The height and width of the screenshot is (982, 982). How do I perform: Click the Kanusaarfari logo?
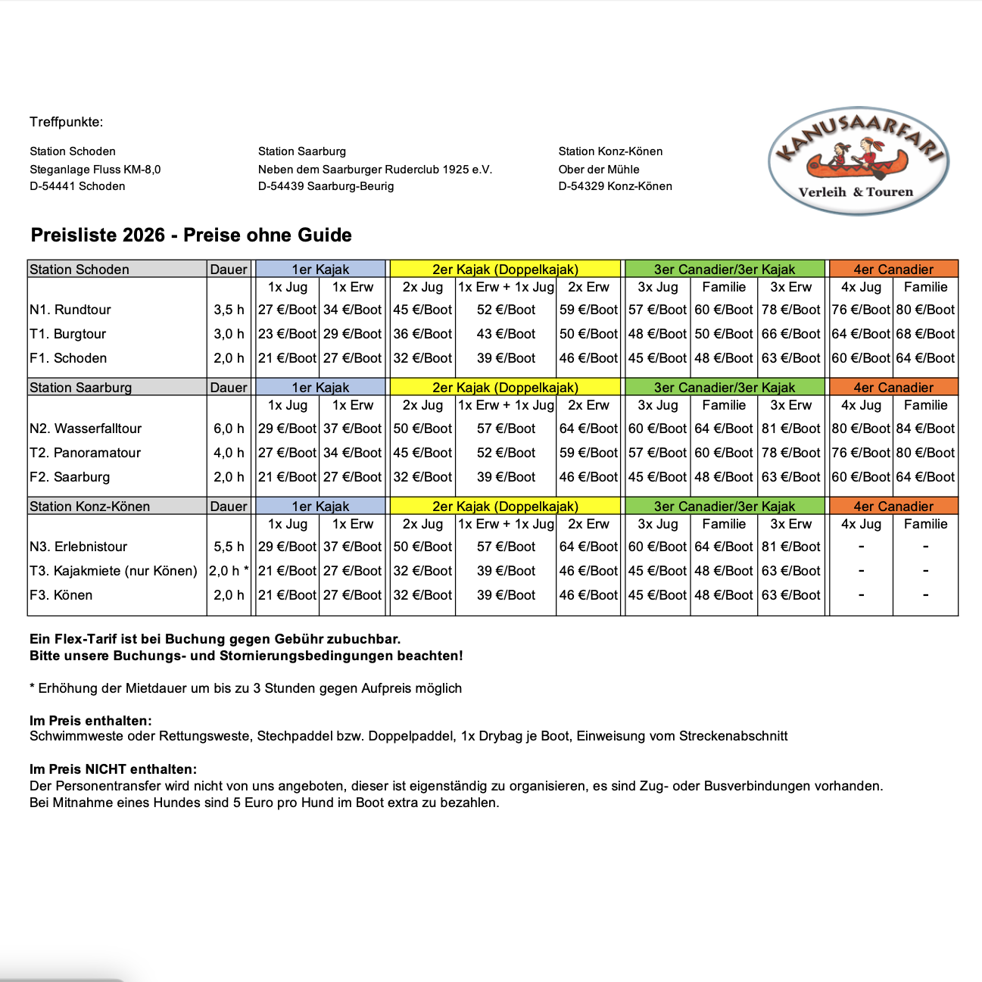pos(858,161)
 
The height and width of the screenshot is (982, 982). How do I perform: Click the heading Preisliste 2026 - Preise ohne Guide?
pos(191,235)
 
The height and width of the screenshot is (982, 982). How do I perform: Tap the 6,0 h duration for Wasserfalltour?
pos(229,429)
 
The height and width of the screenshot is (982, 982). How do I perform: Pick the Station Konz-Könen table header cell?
pos(89,507)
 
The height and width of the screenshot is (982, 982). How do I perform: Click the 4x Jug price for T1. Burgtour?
pos(860,334)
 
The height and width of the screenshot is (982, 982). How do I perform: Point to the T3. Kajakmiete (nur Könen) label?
pos(113,571)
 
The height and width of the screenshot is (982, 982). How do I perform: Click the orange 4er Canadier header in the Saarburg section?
pos(893,388)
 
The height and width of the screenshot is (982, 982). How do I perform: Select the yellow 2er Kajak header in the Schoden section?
pos(505,270)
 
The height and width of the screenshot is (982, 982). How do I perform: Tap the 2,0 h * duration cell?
pos(229,571)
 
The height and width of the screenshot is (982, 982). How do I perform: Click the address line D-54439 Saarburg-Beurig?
pos(326,186)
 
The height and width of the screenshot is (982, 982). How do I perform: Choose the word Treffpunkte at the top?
pos(66,122)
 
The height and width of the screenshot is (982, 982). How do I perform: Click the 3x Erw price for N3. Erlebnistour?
pos(790,547)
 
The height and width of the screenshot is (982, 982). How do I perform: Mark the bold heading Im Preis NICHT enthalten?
pos(113,769)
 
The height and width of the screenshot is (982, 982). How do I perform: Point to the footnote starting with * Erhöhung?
pos(245,688)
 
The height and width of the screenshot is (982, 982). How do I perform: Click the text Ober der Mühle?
pos(598,170)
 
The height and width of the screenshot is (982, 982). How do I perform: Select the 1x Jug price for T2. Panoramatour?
pos(287,453)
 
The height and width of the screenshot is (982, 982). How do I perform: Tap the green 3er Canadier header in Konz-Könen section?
pos(724,507)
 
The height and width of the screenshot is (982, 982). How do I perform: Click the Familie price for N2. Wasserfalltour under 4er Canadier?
pos(925,429)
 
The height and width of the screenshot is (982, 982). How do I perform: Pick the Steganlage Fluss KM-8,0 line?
pos(95,170)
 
